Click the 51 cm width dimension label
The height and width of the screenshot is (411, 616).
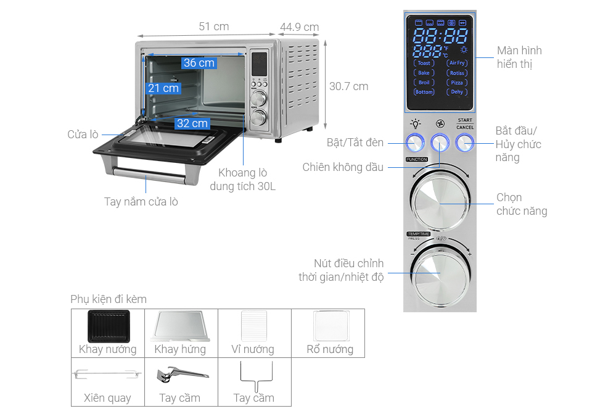213,27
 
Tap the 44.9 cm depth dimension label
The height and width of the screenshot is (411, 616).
299,27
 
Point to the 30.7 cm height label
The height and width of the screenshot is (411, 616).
348,86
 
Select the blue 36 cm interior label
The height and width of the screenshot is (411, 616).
199,63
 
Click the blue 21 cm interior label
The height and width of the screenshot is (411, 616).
163,88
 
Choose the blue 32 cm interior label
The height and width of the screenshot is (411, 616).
192,123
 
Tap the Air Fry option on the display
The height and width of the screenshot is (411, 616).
457,63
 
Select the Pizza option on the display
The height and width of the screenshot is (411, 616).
457,82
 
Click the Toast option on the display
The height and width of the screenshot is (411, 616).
424,63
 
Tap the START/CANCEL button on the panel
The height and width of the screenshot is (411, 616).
464,143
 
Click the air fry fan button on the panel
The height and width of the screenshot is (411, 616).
440,143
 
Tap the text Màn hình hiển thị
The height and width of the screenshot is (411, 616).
519,57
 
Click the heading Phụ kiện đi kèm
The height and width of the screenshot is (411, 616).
109,299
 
